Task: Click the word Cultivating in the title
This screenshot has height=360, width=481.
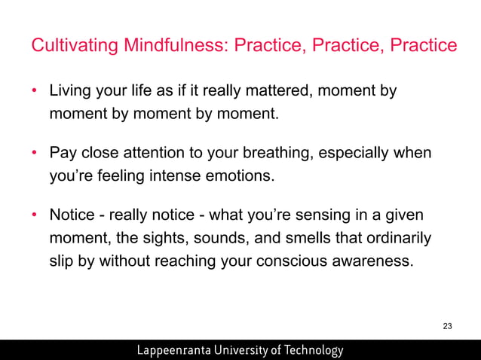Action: [x=69, y=46]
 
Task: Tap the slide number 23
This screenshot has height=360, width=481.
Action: [x=448, y=326]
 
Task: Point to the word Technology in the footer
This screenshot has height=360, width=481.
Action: [x=309, y=350]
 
